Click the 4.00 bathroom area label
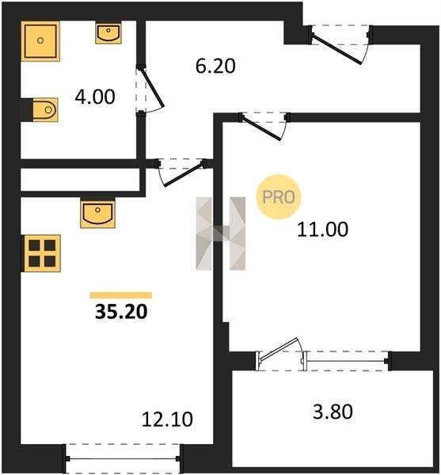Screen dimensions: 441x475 95,97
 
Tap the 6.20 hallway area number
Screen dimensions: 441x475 215,66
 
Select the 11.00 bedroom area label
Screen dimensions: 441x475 322,230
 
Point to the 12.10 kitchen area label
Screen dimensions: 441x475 167,420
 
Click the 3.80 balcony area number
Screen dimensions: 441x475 333,412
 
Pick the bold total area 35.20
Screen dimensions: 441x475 121,312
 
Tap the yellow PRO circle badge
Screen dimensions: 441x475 279,197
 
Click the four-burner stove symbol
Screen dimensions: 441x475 41,253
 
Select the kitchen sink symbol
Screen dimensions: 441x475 97,213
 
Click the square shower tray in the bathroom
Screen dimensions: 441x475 40,41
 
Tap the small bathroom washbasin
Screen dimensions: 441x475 108,32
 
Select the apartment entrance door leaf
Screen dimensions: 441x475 336,50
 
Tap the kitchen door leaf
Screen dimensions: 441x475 184,175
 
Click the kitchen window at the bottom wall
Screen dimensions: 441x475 124,459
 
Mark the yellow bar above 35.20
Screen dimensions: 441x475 121,295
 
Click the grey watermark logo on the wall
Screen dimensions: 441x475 221,234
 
